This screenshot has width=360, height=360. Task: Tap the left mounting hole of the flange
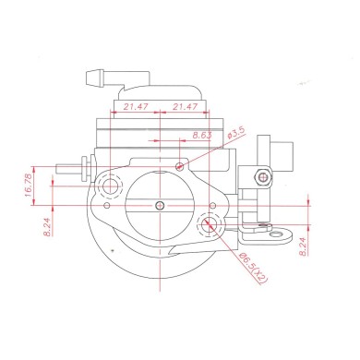[x=113, y=187]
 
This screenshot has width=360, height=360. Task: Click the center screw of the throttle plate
[x=162, y=203]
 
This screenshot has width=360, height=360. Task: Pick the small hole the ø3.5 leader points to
[x=180, y=166]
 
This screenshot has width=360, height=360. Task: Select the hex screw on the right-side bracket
[x=264, y=176]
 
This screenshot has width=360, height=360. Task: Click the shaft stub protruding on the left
[x=67, y=170]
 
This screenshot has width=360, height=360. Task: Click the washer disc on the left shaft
[x=87, y=171]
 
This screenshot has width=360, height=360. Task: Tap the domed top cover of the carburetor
[x=162, y=89]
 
